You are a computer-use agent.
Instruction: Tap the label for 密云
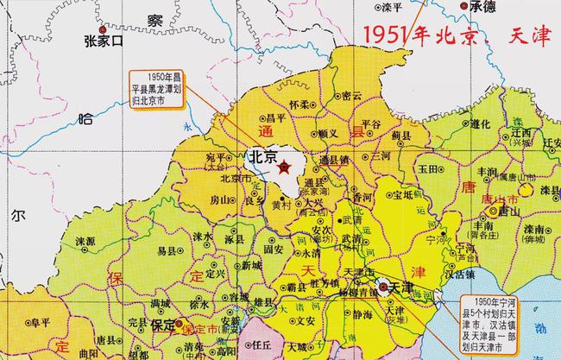point(351,96)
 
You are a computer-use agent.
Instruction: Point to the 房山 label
point(222,199)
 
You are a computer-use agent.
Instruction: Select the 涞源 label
point(84,241)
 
